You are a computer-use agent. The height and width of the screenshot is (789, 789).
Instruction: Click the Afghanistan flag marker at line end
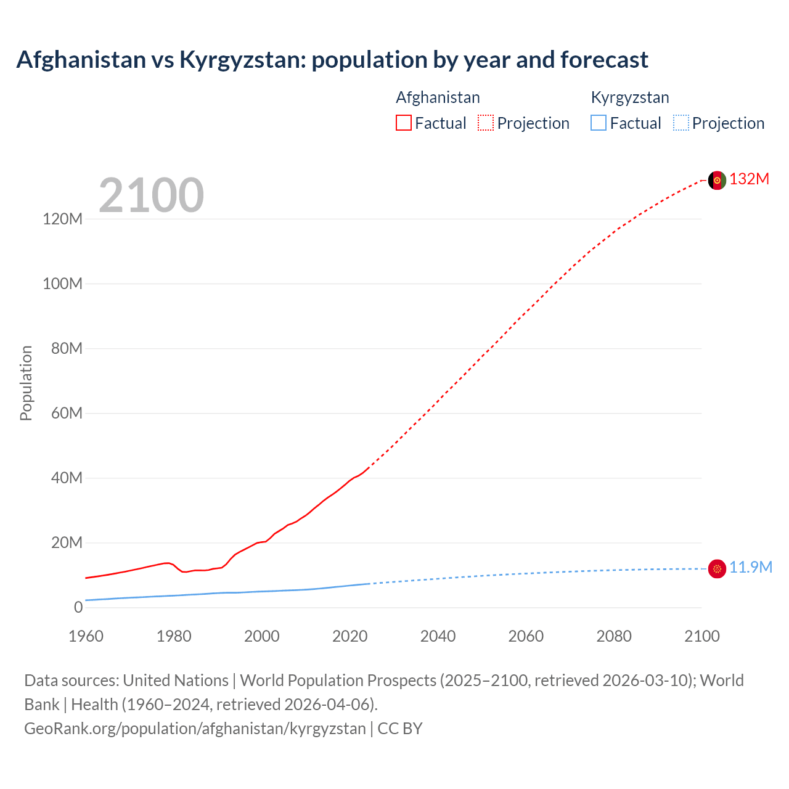[x=717, y=180]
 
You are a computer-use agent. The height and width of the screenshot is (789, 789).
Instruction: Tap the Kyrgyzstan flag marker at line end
[x=717, y=568]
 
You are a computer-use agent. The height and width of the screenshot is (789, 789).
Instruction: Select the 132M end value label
[x=749, y=179]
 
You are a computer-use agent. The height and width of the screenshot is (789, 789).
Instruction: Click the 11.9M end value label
[x=750, y=568]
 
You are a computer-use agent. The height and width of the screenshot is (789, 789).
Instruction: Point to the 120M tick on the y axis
[x=62, y=219]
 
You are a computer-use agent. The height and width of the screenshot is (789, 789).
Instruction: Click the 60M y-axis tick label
[x=66, y=413]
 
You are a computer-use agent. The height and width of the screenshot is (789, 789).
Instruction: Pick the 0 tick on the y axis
[x=78, y=607]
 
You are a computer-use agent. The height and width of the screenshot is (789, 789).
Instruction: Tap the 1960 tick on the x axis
[x=86, y=636]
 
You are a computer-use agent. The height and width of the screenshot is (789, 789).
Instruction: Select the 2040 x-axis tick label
[x=438, y=636]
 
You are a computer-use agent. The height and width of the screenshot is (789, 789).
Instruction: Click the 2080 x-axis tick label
[x=613, y=636]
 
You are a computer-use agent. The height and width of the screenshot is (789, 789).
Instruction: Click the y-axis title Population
[x=26, y=383]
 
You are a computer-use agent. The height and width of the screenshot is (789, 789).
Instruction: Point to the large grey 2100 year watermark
[x=151, y=195]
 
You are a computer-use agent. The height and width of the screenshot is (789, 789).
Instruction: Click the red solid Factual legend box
[x=403, y=123]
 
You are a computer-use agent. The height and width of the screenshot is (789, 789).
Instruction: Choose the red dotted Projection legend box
[x=486, y=123]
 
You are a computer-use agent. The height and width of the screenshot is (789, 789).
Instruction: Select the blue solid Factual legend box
[x=599, y=123]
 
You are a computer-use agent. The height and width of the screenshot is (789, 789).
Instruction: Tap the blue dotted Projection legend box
[x=681, y=123]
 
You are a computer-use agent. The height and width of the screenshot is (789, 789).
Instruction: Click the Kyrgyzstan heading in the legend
[x=629, y=97]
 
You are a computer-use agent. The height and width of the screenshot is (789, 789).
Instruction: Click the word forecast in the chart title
[x=604, y=60]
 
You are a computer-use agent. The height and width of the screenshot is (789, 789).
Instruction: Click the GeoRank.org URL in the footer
[x=195, y=729]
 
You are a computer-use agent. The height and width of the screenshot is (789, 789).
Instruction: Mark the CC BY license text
[x=400, y=729]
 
